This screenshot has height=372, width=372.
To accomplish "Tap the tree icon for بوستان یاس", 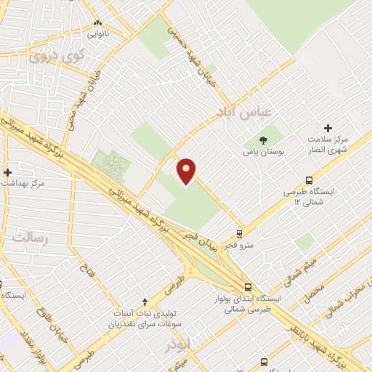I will click(264, 140).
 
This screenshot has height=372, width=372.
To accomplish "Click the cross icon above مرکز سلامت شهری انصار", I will click(328, 127).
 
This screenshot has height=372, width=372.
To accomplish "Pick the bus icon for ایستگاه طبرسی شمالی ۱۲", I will click(310, 180).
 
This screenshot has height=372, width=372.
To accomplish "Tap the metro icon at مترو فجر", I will click(239, 234).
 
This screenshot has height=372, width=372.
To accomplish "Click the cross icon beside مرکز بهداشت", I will click(7, 172).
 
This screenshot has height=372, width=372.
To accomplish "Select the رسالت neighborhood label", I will click(29, 238).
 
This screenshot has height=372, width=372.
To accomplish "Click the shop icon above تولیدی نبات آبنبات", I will click(145, 301).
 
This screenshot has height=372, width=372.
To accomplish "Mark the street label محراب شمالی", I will click(347, 299).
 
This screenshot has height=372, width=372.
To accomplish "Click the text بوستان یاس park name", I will click(264, 153).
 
